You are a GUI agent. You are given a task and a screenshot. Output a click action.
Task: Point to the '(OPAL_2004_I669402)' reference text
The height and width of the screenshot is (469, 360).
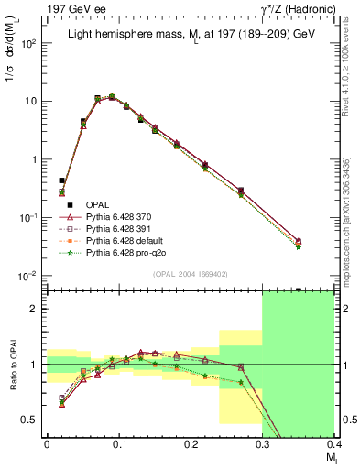coord(189,273)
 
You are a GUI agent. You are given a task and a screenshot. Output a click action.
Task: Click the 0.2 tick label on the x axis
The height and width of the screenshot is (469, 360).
coord(190,444)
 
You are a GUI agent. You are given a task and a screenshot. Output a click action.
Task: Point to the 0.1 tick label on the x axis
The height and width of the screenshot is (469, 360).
coord(118,444)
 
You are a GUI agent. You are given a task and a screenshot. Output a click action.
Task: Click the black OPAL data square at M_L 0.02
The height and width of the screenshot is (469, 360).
coord(61,180)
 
